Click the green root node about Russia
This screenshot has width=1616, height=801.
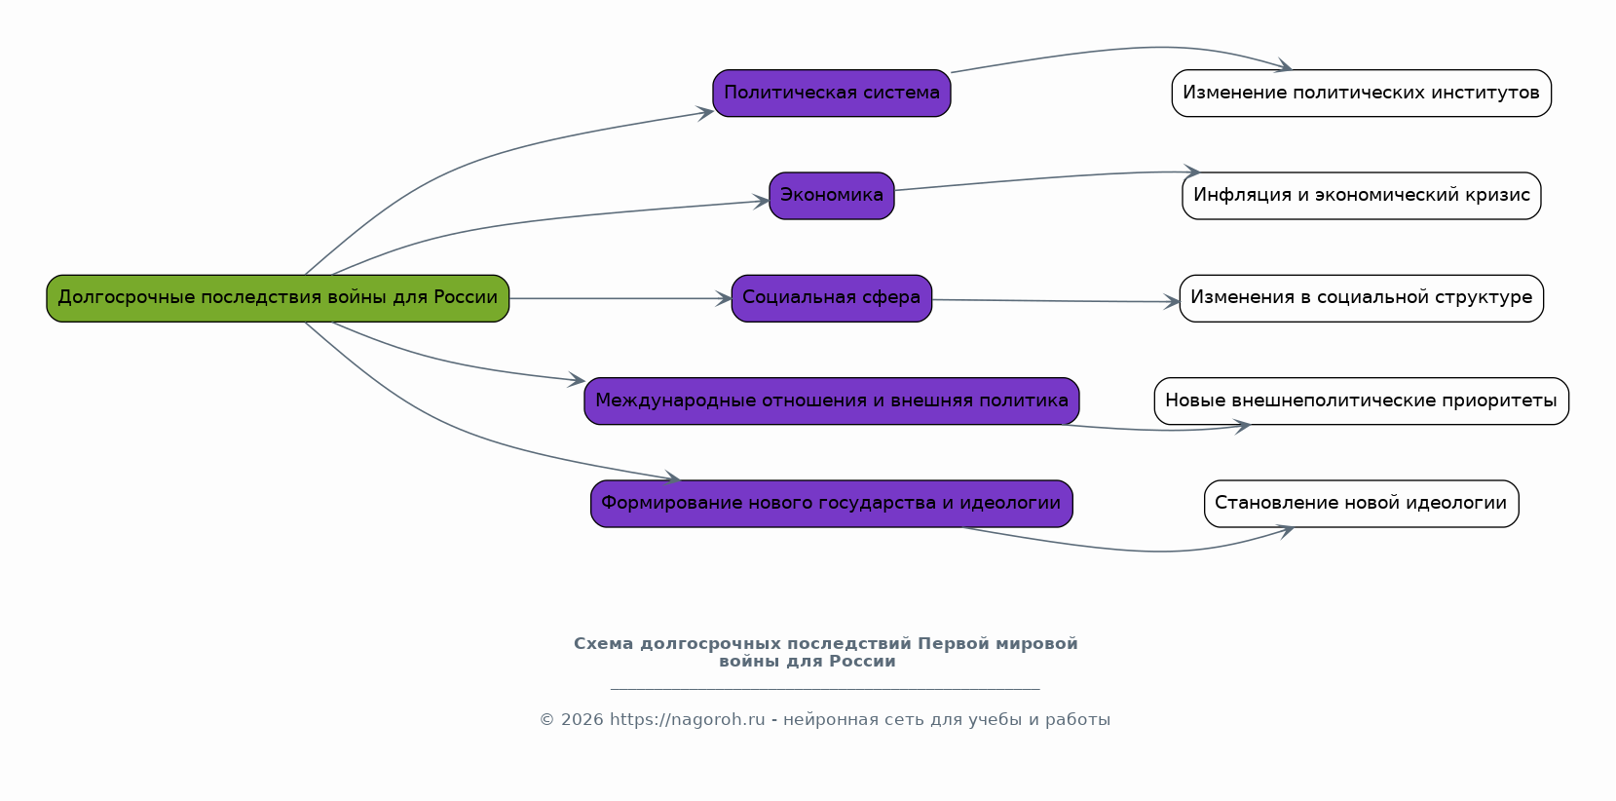point(278,298)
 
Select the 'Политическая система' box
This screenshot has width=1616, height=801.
point(831,94)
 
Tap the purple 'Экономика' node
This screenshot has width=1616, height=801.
point(831,196)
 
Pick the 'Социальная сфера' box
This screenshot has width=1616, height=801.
point(831,298)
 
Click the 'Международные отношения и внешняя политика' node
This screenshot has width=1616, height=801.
point(831,401)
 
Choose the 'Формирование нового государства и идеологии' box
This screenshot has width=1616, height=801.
point(831,504)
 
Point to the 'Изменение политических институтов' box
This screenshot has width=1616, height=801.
point(1361,94)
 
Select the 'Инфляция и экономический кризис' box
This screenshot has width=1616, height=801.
point(1361,196)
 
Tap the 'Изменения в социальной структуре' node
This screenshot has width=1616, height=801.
point(1361,298)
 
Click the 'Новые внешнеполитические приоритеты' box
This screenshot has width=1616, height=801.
point(1361,401)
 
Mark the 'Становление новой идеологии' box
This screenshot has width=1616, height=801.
point(1361,504)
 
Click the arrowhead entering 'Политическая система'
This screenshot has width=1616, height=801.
point(705,113)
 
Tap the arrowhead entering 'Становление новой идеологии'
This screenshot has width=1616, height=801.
point(1286,531)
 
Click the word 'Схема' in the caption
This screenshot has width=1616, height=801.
point(603,644)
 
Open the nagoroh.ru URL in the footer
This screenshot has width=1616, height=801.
point(687,720)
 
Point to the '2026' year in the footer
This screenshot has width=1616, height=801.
point(582,720)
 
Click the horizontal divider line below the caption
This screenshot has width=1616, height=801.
point(825,689)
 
